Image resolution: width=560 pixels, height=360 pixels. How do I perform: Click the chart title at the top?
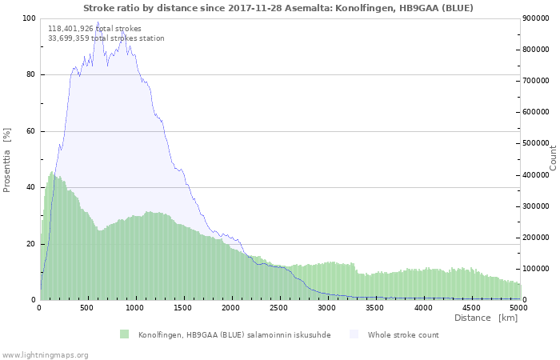(278, 8)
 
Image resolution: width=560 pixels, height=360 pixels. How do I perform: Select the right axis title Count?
(552, 158)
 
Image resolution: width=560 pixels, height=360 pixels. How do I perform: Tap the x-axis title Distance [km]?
(486, 318)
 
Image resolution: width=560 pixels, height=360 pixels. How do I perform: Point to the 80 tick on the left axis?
(30, 75)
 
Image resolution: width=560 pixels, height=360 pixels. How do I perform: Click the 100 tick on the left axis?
(29, 18)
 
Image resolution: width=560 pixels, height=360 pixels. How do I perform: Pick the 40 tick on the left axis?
(30, 187)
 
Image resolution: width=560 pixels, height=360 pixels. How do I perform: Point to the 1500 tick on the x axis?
(183, 307)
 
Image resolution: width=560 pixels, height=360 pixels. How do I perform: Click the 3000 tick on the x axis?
(327, 307)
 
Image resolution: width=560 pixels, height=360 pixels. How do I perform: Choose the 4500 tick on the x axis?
(471, 307)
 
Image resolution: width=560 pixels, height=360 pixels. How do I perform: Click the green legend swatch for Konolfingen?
(124, 334)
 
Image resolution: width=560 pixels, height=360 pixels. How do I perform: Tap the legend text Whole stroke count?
(403, 334)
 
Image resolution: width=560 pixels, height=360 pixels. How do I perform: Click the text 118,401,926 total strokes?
(94, 29)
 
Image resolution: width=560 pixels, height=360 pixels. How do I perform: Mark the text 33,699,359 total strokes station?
(106, 38)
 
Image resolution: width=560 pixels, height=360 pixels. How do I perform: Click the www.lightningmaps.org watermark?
(45, 354)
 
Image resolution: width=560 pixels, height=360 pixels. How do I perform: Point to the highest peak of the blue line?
(98, 22)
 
